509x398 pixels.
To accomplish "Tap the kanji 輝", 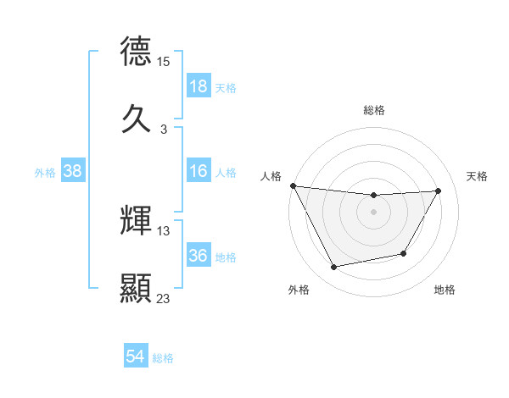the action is click(x=136, y=220).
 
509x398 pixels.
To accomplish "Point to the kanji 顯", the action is click(x=136, y=288).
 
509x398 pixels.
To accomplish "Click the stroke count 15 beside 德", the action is click(x=164, y=62).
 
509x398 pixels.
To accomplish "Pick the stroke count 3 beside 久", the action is click(x=164, y=130).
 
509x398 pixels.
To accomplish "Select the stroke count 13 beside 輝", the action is click(x=164, y=231).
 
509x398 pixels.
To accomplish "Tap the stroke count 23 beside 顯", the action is click(x=164, y=299).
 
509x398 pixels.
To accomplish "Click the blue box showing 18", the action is click(x=199, y=86).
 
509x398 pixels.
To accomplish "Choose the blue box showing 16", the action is click(x=199, y=172).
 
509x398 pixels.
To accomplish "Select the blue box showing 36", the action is click(x=199, y=257).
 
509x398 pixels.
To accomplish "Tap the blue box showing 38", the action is click(x=73, y=172).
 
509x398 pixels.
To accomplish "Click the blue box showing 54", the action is click(x=136, y=357).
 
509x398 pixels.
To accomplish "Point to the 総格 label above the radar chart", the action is click(x=374, y=110).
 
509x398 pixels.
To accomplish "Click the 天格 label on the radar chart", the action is click(x=478, y=176).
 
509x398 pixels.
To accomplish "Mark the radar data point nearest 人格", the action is click(x=293, y=185).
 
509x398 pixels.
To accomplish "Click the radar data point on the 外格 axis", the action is click(x=334, y=268).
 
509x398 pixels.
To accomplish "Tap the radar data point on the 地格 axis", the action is click(x=404, y=253).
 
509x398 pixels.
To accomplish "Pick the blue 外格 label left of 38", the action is click(x=44, y=173).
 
